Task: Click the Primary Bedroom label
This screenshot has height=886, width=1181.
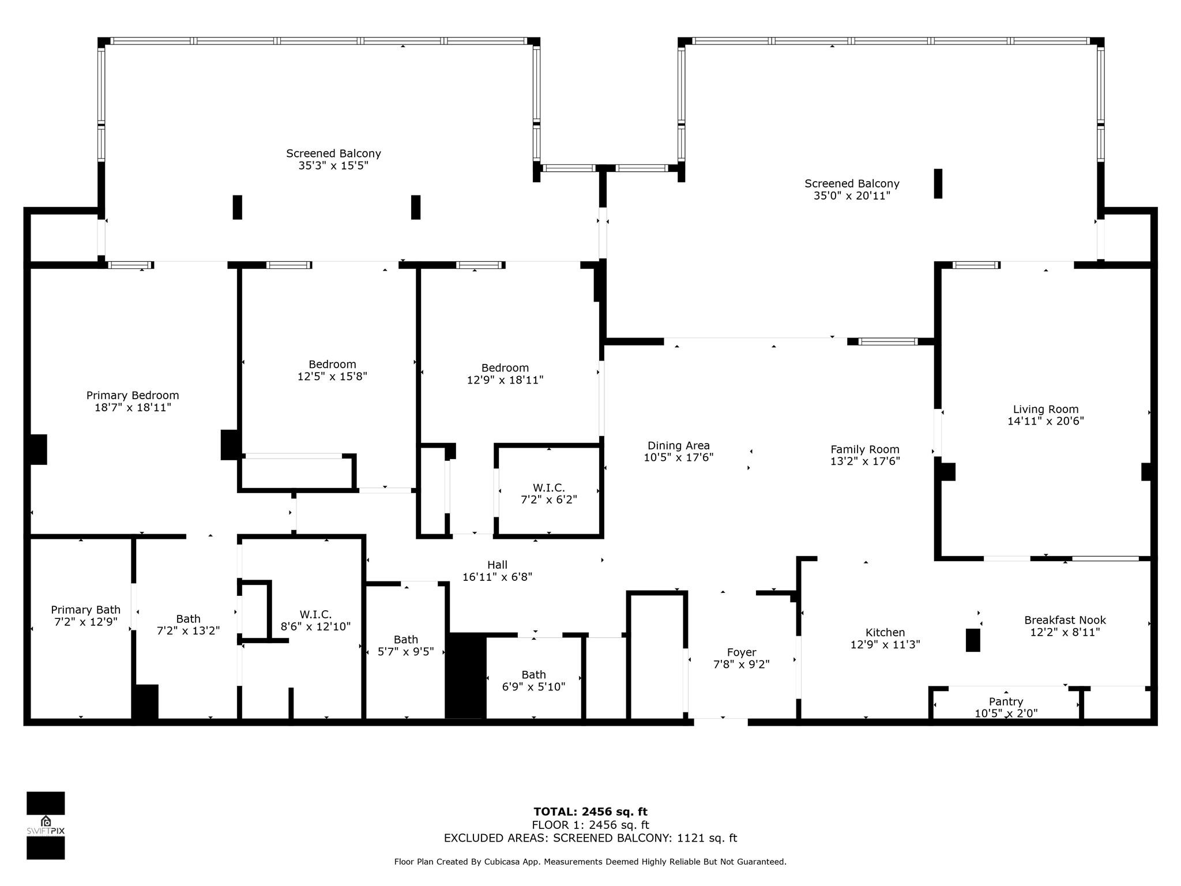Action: tap(133, 395)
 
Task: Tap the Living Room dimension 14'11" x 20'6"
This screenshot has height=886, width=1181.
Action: tap(1045, 421)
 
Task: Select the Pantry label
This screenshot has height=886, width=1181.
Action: tap(1006, 701)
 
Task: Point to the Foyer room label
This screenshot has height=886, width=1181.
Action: tap(742, 652)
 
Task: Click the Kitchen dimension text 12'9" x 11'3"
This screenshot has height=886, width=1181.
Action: tap(885, 644)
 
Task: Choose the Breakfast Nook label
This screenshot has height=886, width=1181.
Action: tap(1065, 620)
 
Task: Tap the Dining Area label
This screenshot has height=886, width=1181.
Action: tap(679, 445)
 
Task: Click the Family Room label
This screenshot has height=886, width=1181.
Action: tap(865, 449)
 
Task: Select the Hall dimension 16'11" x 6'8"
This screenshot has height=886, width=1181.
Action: tap(497, 577)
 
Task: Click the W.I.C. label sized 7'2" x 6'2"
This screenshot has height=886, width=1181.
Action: tap(549, 487)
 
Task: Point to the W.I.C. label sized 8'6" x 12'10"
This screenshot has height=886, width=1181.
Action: tap(315, 614)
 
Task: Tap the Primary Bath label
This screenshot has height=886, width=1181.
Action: tap(86, 610)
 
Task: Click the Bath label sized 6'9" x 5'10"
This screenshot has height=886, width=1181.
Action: tap(533, 674)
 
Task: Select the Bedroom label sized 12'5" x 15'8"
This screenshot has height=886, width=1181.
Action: tap(332, 364)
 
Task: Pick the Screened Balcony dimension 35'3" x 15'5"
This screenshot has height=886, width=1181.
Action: tap(333, 166)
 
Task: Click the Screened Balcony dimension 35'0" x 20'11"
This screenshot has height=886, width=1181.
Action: tap(852, 196)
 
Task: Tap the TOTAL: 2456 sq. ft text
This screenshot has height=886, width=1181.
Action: tap(590, 812)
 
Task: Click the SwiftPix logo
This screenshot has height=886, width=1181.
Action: tap(46, 825)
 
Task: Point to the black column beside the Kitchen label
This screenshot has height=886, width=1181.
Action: tap(973, 640)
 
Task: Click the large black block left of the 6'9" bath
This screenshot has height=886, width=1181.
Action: tap(466, 676)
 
